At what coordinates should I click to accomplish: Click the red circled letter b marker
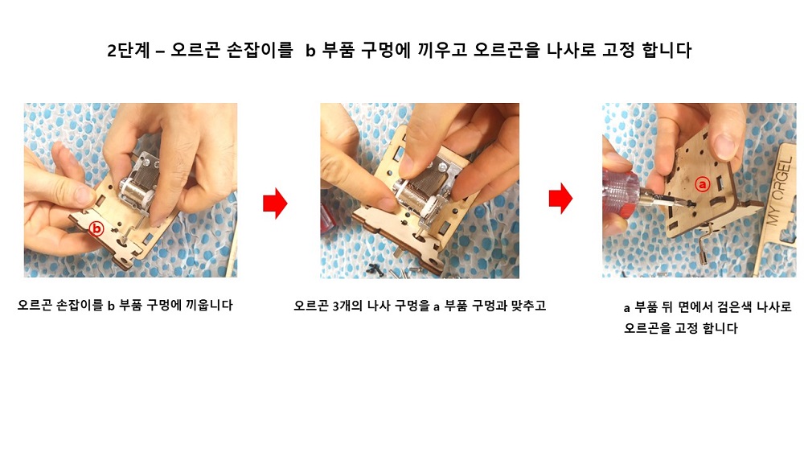pyautogui.click(x=96, y=229)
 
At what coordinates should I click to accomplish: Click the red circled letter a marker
pyautogui.click(x=702, y=183)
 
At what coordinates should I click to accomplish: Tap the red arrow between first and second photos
pyautogui.click(x=275, y=203)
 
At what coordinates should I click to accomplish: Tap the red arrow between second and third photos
pyautogui.click(x=560, y=198)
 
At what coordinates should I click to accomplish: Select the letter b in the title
pyautogui.click(x=310, y=51)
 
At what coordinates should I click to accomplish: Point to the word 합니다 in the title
pyautogui.click(x=667, y=51)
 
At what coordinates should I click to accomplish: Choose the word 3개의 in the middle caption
pyautogui.click(x=349, y=306)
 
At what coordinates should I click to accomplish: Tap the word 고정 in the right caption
pyautogui.click(x=686, y=328)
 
